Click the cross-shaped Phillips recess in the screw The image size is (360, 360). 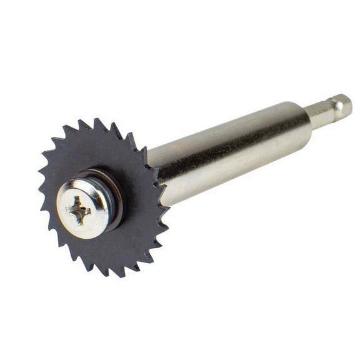pyautogui.click(x=79, y=211)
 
